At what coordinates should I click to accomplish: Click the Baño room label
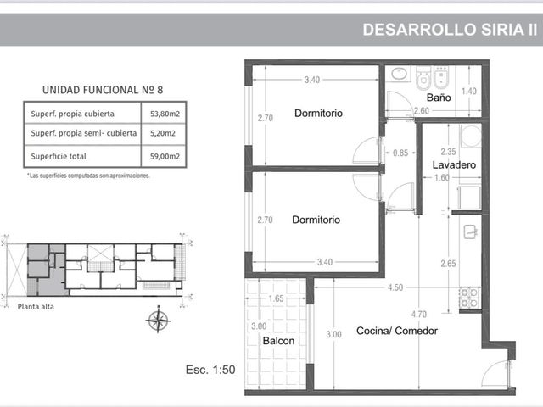click(439, 98)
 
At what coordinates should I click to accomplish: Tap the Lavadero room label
click(454, 164)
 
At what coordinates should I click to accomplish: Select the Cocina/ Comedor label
click(397, 331)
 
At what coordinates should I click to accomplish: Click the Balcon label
click(278, 341)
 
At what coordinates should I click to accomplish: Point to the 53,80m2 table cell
click(165, 114)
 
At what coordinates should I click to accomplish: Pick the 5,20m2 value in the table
click(163, 133)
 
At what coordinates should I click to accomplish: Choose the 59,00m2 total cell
click(165, 156)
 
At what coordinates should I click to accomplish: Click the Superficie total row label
click(59, 156)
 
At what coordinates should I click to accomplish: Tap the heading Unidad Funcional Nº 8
click(103, 90)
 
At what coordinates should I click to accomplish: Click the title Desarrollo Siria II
click(450, 30)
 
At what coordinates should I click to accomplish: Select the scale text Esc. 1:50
click(210, 370)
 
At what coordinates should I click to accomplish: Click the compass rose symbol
click(159, 320)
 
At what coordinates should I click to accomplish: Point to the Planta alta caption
click(36, 307)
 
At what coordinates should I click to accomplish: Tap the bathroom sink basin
click(400, 74)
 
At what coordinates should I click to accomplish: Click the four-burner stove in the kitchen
click(468, 298)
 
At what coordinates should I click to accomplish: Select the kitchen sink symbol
click(471, 231)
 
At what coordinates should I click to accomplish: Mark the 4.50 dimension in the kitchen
click(395, 287)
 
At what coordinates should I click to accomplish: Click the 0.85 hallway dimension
click(400, 153)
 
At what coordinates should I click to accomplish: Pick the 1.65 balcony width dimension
click(276, 298)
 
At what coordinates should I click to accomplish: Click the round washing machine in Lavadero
click(471, 136)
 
